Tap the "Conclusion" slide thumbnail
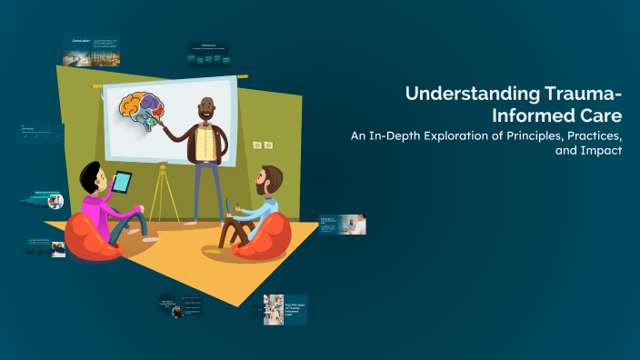pyautogui.click(x=91, y=51)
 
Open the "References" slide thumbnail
pyautogui.click(x=207, y=55)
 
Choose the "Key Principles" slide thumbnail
pyautogui.click(x=285, y=309)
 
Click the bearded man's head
pyautogui.click(x=269, y=179)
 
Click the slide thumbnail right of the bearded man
pyautogui.click(x=343, y=225)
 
